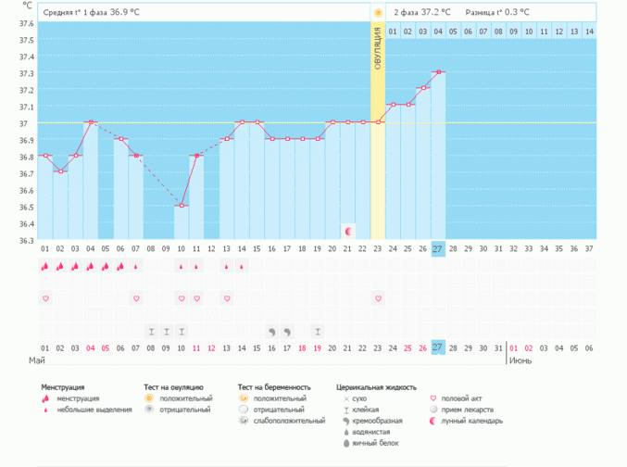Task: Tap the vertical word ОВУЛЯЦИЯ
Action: click(378, 57)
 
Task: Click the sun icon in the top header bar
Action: click(378, 13)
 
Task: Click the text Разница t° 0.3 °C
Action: click(496, 13)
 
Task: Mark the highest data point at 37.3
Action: click(438, 72)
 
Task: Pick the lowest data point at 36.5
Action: click(182, 206)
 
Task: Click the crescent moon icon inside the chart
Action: click(348, 230)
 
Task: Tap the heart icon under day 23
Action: click(378, 298)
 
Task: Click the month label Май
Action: click(37, 360)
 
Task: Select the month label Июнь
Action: click(520, 360)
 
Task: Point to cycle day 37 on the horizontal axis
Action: click(589, 248)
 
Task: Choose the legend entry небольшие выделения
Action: click(94, 409)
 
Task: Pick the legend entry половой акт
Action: click(465, 398)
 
